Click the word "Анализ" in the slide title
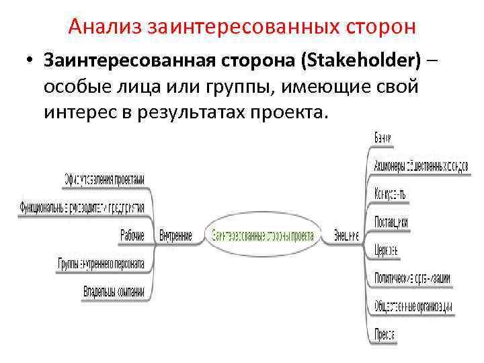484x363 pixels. pos(107,27)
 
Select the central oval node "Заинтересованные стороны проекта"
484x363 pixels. pos(263,236)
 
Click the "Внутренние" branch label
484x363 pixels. pos(176,236)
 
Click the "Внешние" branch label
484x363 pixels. pos(347,236)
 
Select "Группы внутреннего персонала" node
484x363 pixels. pos(102,264)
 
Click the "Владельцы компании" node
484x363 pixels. pos(114,292)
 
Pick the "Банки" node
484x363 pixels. pos(383,138)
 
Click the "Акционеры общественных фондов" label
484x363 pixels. pos(421,166)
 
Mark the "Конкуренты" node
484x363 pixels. pos(390,194)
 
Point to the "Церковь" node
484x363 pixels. pos(387,250)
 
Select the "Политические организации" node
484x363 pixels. pos(412,278)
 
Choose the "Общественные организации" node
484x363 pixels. pos(413,307)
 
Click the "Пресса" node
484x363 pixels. pos(385,334)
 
